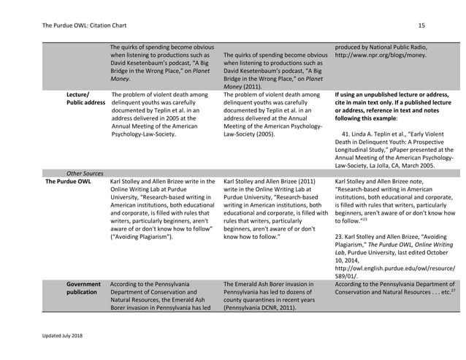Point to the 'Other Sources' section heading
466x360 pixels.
[x=85, y=173]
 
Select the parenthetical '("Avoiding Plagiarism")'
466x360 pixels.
[x=142, y=237]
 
